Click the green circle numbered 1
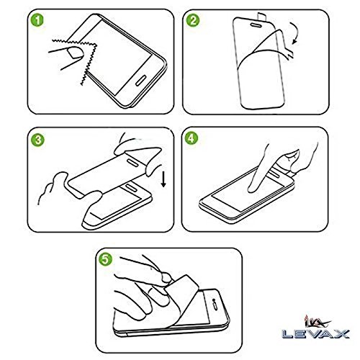[37, 19]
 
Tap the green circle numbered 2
[193, 20]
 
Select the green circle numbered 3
[37, 140]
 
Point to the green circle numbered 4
[192, 138]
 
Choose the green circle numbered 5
[106, 259]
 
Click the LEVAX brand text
[315, 333]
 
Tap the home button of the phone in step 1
[141, 81]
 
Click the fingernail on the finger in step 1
[75, 53]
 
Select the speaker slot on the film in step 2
[257, 24]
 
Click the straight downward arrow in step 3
[163, 179]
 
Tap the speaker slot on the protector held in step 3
[132, 161]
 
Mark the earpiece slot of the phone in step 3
[131, 187]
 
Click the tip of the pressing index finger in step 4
[251, 190]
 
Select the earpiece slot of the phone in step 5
[216, 307]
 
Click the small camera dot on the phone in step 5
[213, 300]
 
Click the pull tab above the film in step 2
[262, 17]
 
